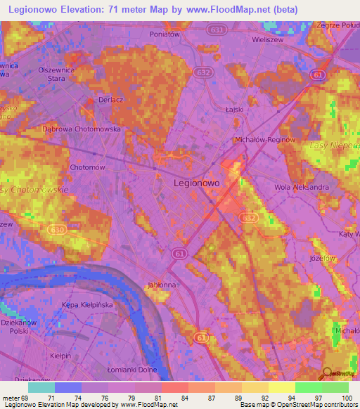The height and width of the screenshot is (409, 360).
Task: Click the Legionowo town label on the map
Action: coord(196,182)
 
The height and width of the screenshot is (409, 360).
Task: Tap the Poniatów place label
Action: coord(166,33)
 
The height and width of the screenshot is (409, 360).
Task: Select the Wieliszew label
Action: coord(267,40)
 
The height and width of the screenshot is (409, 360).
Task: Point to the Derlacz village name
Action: coord(111,100)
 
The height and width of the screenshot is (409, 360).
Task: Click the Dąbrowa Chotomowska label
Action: coord(82,129)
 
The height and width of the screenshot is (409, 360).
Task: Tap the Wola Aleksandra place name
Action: coord(301,188)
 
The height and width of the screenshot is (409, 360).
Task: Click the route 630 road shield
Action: coord(56,229)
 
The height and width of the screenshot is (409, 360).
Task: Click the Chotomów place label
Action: coord(88,167)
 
